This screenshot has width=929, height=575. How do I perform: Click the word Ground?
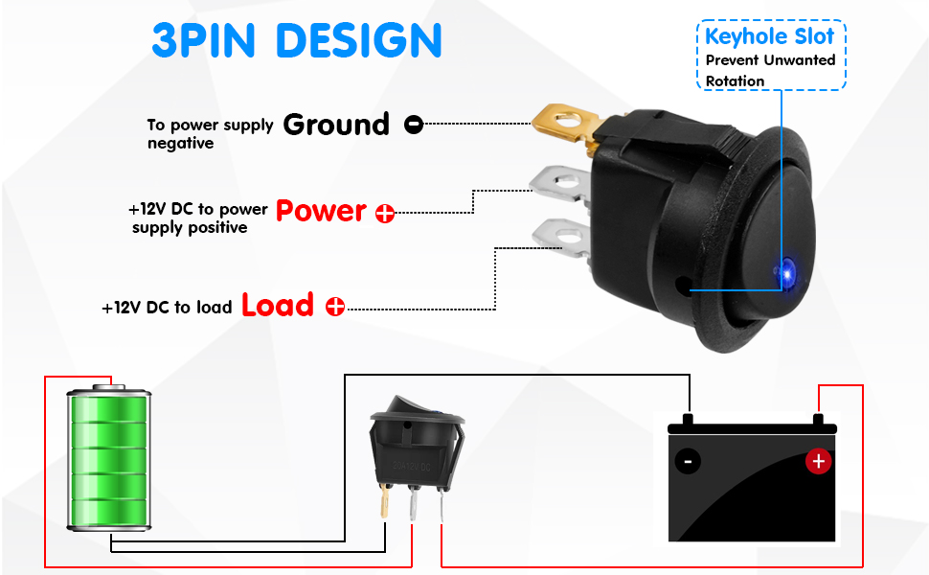pyautogui.click(x=336, y=125)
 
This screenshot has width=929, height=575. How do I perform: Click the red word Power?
pyautogui.click(x=322, y=211)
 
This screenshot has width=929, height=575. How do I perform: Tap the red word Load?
pyautogui.click(x=278, y=305)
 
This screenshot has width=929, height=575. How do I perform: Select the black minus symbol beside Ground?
pyautogui.click(x=414, y=125)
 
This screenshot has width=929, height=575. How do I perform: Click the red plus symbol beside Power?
pyautogui.click(x=385, y=214)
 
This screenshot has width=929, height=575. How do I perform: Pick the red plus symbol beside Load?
pyautogui.click(x=335, y=307)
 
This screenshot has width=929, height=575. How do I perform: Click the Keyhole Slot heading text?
pyautogui.click(x=770, y=36)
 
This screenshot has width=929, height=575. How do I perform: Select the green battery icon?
pyautogui.click(x=109, y=457)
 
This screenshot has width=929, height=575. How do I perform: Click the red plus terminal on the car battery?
pyautogui.click(x=818, y=461)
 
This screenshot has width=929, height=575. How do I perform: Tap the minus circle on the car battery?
pyautogui.click(x=688, y=461)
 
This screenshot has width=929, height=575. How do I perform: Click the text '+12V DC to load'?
pyautogui.click(x=167, y=308)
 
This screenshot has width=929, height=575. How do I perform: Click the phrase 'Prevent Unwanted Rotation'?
pyautogui.click(x=770, y=70)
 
